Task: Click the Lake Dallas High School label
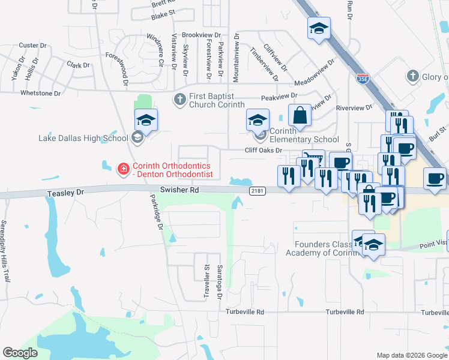[x=83, y=138]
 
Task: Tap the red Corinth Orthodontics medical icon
[x=123, y=169]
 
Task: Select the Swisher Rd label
[x=179, y=190]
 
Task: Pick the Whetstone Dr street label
[x=40, y=93]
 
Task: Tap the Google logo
[x=20, y=353]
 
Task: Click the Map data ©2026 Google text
[x=411, y=355]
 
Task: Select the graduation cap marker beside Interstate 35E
[x=319, y=28]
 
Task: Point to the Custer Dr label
[x=28, y=45]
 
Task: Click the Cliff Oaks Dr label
[x=263, y=150]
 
